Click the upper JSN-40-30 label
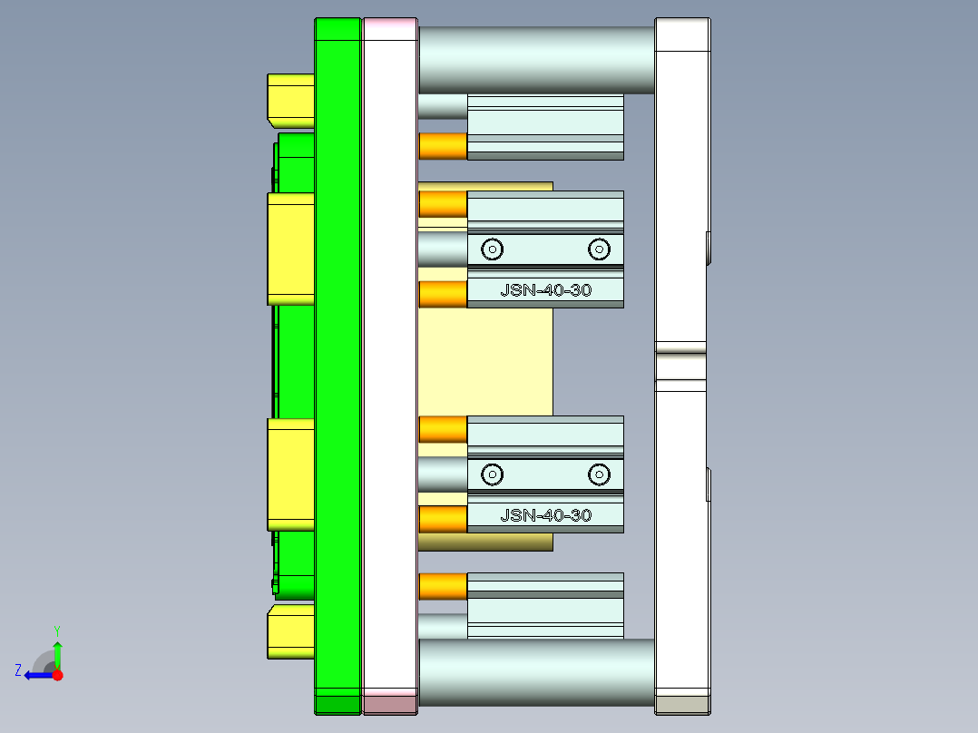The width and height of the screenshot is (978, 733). [545, 290]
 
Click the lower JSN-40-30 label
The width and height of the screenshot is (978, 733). [545, 515]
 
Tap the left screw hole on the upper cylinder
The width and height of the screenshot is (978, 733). [493, 249]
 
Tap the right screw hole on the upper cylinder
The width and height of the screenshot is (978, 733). [598, 249]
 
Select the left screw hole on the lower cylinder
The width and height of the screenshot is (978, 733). [493, 474]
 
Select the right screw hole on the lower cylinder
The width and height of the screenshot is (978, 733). [598, 474]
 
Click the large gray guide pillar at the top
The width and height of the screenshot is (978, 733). [535, 59]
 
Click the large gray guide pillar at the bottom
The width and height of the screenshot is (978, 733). [535, 672]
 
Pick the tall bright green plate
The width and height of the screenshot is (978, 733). [337, 363]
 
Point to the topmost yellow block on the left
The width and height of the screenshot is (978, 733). [290, 99]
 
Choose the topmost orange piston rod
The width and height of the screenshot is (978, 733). [443, 145]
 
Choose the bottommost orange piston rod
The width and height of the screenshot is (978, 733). [443, 586]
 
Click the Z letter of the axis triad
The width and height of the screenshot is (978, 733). [18, 669]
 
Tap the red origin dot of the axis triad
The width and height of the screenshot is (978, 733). [57, 675]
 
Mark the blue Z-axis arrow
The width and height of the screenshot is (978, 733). [38, 675]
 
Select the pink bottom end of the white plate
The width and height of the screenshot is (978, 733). [390, 703]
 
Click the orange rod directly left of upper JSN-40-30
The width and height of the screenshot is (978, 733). [443, 294]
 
